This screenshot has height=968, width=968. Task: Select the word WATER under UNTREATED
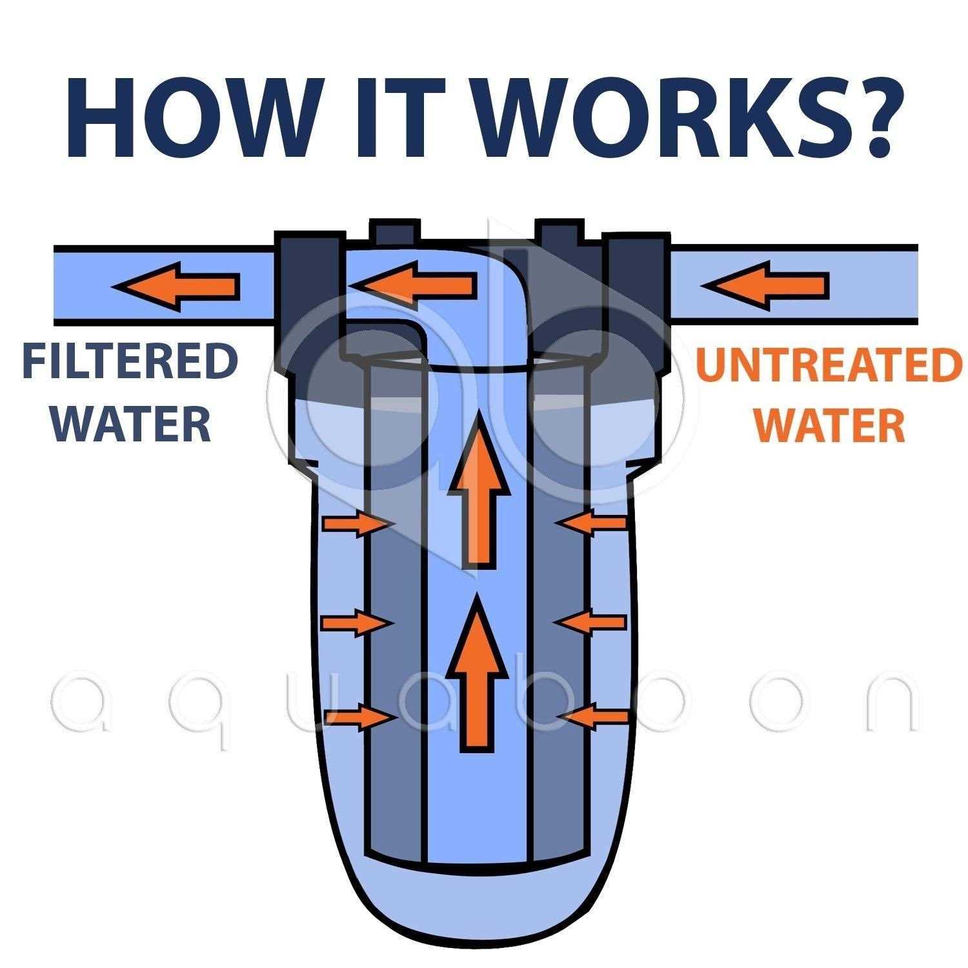[831, 426]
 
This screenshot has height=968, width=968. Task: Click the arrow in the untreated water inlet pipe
[764, 283]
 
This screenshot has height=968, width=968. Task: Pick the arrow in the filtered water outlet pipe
[176, 284]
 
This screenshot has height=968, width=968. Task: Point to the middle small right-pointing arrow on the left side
[358, 623]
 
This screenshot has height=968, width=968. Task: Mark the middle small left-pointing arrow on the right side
[590, 622]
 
